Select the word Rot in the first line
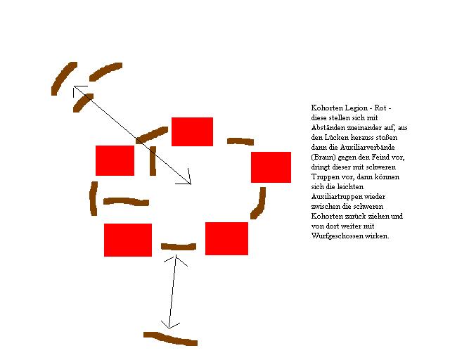(380, 108)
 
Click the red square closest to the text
(271, 167)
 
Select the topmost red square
(192, 131)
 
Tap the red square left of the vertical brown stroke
(115, 160)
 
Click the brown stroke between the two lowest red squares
(179, 247)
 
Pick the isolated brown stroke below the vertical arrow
(170, 338)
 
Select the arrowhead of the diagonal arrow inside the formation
(191, 184)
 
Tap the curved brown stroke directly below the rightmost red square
(258, 203)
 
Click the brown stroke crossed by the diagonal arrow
(152, 135)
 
